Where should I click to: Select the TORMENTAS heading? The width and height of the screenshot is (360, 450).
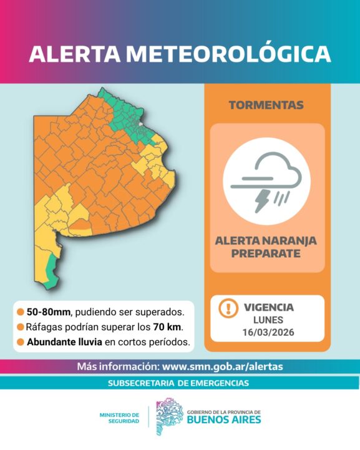coord(266,105)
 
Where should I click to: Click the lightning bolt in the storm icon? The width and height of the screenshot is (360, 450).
coord(261,199)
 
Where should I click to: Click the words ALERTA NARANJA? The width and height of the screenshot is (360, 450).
coord(266,240)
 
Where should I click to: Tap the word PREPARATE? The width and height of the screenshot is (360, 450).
coord(266,253)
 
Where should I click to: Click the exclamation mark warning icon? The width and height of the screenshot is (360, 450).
coord(229,308)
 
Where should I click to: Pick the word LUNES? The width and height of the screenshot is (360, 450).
coord(268,320)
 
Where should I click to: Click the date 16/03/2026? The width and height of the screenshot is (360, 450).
coord(268,332)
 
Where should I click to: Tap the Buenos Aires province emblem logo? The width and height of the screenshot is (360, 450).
coord(168,417)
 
